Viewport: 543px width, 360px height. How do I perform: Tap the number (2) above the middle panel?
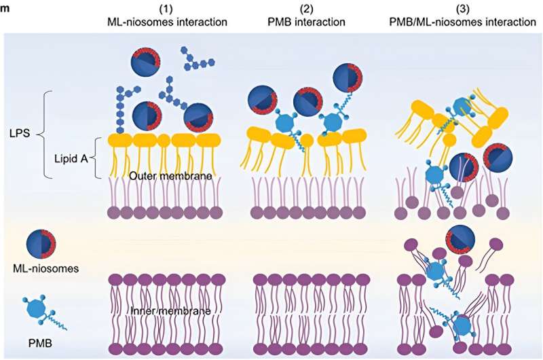tap(303, 9)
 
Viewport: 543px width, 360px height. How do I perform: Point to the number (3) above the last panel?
tap(455, 9)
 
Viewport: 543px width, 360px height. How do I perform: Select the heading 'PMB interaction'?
tap(303, 22)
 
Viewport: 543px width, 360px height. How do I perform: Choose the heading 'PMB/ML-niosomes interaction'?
tap(455, 22)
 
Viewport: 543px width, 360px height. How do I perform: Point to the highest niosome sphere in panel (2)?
tap(348, 79)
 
